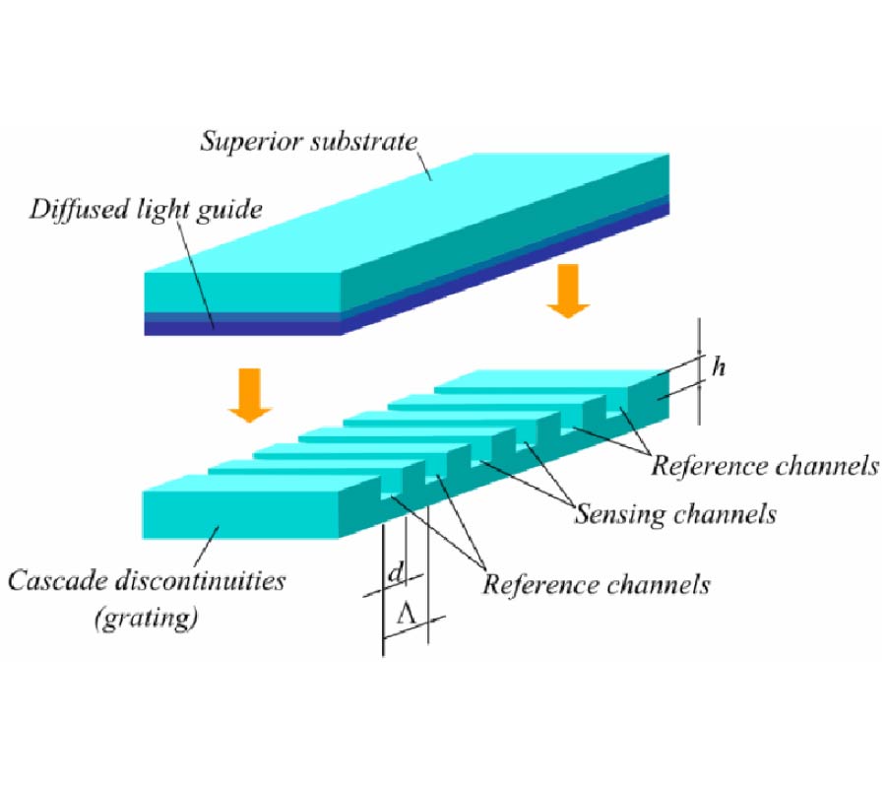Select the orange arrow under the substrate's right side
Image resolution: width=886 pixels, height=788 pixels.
click(568, 294)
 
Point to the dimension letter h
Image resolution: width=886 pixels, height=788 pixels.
click(720, 367)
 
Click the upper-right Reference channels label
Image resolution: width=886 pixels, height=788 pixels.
click(764, 465)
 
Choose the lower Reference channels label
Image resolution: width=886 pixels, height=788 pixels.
click(596, 584)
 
